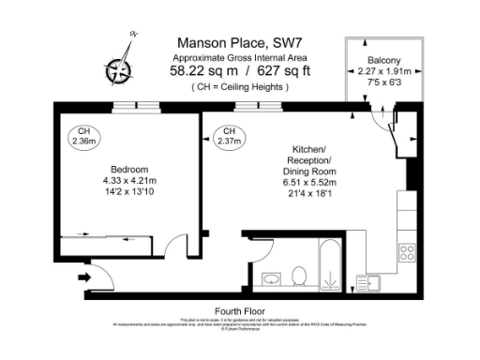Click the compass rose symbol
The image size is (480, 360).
tap(118, 67)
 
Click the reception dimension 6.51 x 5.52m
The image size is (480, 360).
tap(309, 183)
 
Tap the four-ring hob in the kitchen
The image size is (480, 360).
tap(408, 250)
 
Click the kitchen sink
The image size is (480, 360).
tap(373, 280)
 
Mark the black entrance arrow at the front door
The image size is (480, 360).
tap(85, 277)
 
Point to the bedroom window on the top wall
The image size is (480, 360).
tap(129, 107)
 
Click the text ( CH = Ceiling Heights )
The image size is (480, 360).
tap(240, 86)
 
